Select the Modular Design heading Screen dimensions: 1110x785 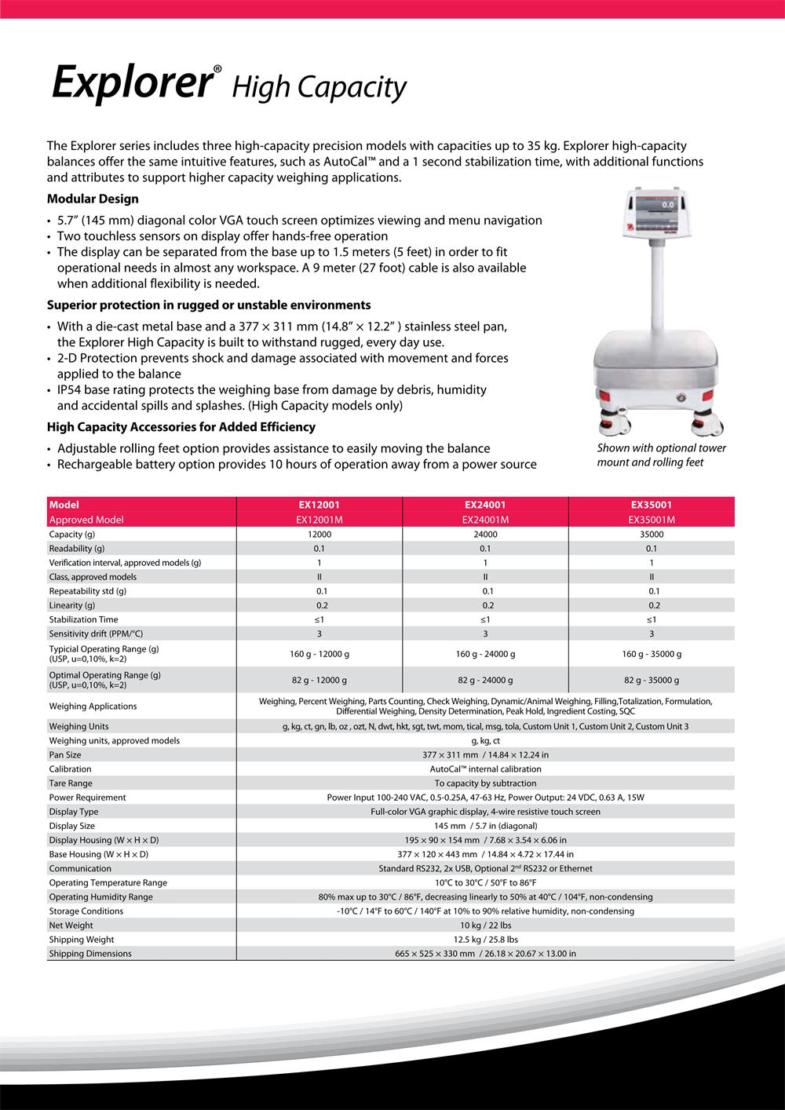click(93, 199)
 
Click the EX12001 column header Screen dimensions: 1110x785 click(319, 506)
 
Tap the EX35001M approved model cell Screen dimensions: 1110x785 click(652, 520)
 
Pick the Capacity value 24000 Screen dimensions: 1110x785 click(485, 535)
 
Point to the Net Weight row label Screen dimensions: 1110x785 click(71, 926)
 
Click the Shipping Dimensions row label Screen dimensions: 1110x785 click(90, 954)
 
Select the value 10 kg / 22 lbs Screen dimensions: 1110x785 click(485, 926)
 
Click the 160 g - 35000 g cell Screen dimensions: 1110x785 click(652, 654)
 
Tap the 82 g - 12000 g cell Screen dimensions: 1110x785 click(319, 681)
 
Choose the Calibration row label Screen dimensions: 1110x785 click(70, 769)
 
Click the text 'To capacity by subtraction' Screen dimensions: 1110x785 click(485, 783)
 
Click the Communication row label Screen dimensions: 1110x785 click(80, 869)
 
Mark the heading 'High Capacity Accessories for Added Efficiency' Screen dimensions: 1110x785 click(181, 428)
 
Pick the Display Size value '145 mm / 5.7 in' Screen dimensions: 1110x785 click(485, 826)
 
